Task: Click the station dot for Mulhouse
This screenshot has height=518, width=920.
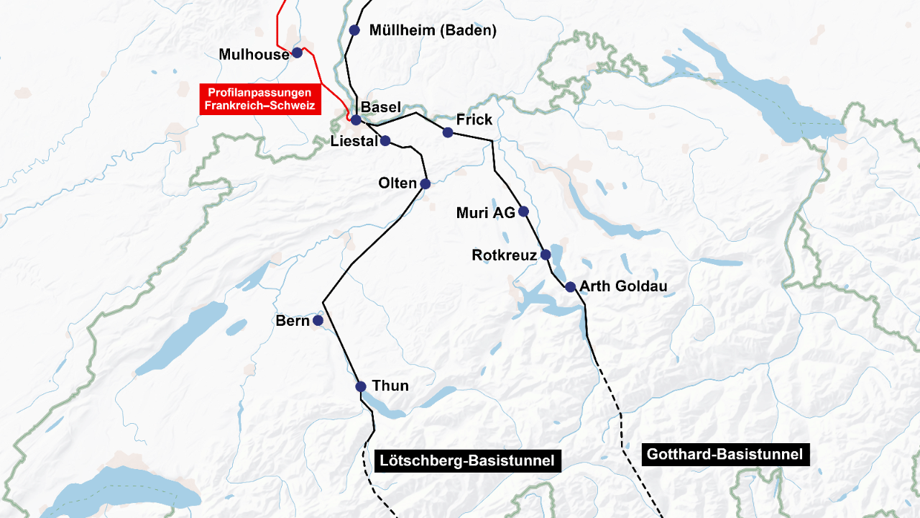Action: (296, 53)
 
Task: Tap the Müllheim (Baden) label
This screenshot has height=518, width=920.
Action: (433, 30)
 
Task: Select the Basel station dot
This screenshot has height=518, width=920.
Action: (356, 119)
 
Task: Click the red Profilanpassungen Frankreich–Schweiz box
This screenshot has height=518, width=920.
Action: (259, 99)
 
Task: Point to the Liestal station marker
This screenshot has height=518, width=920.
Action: (385, 141)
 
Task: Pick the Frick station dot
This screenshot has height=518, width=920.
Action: (448, 132)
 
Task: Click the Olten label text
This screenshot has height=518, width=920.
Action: (397, 183)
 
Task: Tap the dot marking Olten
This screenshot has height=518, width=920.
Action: (425, 184)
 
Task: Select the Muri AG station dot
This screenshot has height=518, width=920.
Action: (523, 212)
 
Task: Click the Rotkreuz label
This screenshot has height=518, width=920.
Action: (504, 255)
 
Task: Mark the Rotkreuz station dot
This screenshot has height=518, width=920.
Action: (546, 255)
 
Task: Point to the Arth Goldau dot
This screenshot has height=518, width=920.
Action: (570, 287)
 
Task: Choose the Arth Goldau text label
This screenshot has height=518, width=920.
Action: (623, 286)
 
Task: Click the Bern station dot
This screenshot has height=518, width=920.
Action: (318, 320)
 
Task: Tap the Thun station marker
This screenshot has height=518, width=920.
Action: (361, 387)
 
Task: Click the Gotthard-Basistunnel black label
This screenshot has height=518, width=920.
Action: (724, 455)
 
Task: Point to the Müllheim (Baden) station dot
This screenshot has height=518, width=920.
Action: (354, 30)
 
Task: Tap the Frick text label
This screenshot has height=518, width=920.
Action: (474, 119)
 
